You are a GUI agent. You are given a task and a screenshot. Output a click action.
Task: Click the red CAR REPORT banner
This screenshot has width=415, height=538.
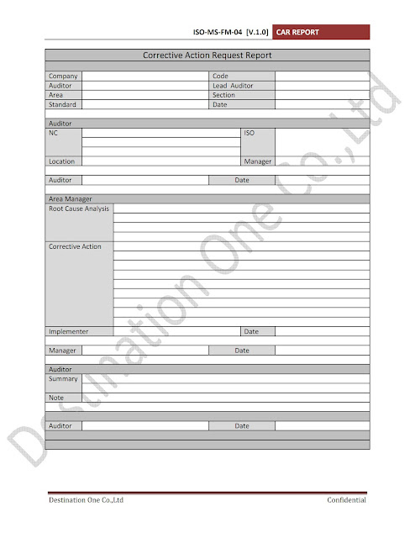coord(322,33)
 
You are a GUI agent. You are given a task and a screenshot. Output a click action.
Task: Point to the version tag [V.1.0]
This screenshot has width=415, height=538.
coord(259,33)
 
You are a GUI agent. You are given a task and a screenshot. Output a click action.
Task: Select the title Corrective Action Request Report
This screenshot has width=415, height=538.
coord(207,55)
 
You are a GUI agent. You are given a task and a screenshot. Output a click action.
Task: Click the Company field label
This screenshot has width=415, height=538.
coord(63,76)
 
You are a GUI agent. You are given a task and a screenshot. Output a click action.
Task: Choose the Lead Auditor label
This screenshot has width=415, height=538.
coord(233,86)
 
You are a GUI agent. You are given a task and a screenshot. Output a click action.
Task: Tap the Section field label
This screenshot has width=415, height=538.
coord(224,95)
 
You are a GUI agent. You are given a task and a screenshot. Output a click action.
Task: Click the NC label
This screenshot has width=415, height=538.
coord(55,133)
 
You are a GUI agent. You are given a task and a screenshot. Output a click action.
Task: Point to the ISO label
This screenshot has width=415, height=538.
coord(249,133)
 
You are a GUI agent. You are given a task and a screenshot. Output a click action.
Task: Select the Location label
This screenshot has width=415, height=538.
coord(62,161)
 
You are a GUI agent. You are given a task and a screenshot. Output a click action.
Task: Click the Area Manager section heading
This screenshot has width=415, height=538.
coord(71,199)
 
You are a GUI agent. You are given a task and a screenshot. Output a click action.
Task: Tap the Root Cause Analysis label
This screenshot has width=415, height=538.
coord(79,208)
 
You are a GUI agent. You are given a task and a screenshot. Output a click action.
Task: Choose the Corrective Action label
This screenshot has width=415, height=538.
coord(75,246)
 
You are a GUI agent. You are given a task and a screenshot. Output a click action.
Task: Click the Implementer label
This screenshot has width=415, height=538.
coord(69,331)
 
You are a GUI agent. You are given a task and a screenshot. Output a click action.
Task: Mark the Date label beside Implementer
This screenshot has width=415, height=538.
coord(251,331)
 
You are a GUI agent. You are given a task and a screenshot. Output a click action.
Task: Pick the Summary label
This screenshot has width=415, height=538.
coord(63,379)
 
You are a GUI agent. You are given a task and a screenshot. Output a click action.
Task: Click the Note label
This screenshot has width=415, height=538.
coord(56,398)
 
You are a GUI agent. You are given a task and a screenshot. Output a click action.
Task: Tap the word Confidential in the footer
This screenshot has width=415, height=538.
coord(347,501)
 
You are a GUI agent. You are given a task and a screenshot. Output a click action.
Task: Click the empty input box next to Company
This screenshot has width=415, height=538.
coord(144,76)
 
